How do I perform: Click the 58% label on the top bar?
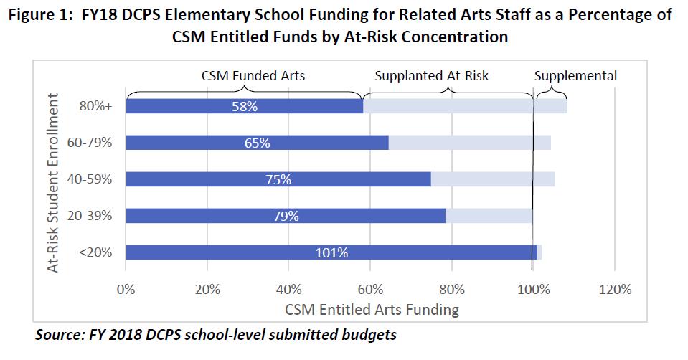[x=245, y=106]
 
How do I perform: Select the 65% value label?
[x=257, y=143]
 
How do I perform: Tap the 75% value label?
[x=278, y=179]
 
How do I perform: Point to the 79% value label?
[x=286, y=216]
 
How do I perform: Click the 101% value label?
[x=331, y=252]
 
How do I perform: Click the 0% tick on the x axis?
[x=126, y=290]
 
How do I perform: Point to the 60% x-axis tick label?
[x=369, y=290]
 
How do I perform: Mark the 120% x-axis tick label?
[x=614, y=290]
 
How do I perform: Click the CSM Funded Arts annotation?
[x=244, y=76]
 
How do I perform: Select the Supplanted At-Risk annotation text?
[x=432, y=76]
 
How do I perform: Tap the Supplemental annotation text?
[x=575, y=76]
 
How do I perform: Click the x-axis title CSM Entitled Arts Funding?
[x=371, y=310]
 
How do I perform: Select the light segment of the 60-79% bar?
[x=469, y=143]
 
